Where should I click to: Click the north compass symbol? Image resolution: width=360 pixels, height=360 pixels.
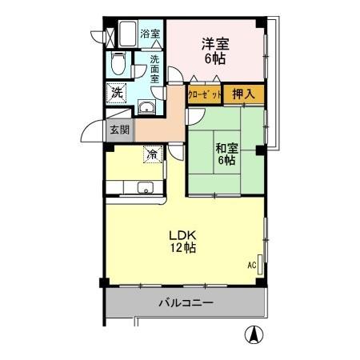254,336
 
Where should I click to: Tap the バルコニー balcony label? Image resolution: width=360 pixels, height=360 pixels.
185,303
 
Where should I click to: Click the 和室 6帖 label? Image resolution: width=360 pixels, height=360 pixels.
225,153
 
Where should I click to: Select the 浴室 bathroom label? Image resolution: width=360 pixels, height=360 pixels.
150,34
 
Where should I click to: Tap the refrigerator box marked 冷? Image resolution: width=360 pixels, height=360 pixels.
152,154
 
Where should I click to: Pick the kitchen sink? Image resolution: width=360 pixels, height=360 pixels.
145,188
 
